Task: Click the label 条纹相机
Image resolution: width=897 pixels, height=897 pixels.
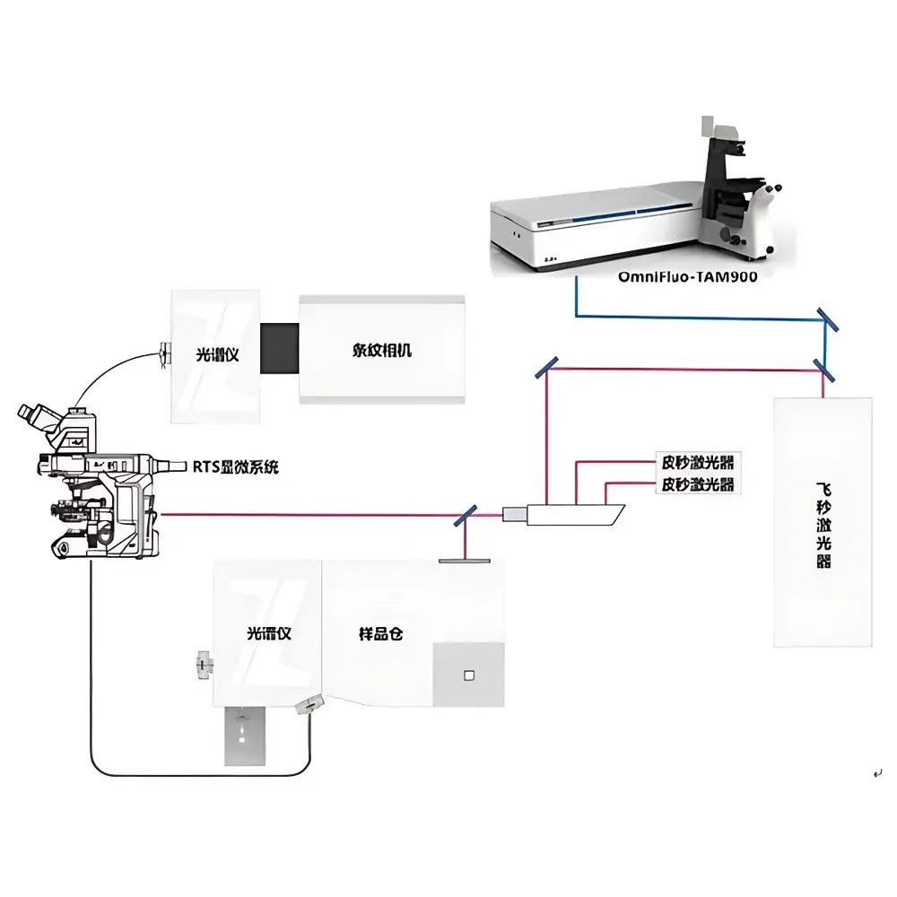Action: point(381,351)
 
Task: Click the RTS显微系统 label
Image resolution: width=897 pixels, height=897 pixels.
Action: point(237,466)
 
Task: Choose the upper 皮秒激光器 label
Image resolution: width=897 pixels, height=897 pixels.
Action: point(697,464)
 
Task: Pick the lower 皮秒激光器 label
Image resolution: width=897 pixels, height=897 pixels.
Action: point(697,484)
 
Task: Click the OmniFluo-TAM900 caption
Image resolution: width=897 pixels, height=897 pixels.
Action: point(688,277)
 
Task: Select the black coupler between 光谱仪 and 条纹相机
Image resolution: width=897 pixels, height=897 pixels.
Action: point(279,347)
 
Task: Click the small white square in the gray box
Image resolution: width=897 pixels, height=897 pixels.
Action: point(467,675)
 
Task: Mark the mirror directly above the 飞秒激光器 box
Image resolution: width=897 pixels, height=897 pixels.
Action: point(821,366)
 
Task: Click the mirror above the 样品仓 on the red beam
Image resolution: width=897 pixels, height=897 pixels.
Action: point(466,515)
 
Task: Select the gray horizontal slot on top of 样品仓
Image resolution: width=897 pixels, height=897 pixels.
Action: point(465,561)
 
